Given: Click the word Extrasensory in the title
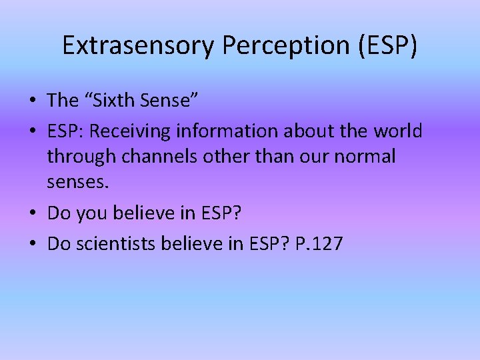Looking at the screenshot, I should tap(139, 45).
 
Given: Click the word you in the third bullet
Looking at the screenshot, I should tap(91, 214).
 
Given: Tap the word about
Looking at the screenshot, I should tap(308, 131).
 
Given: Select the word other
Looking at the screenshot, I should tap(222, 157).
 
